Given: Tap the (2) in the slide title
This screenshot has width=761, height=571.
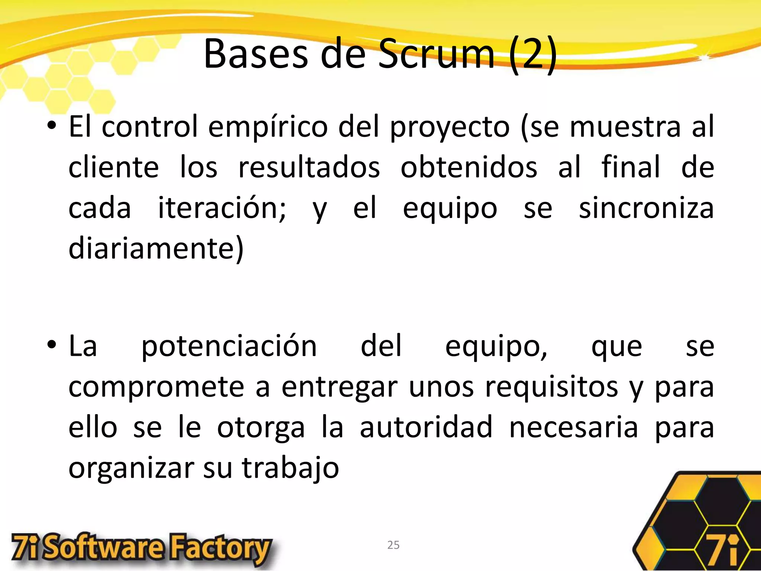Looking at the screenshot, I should pos(533,55).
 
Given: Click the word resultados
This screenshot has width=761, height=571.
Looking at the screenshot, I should pos(309,167).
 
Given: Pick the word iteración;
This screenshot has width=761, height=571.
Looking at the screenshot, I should pos(222,208).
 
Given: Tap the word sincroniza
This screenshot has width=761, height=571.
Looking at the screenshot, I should pos(646,208).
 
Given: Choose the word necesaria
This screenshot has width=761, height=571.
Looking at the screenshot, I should pos(573,428).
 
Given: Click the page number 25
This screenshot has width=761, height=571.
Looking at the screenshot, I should pos(393,545).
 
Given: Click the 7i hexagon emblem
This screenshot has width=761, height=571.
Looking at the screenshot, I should pos(699,528).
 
